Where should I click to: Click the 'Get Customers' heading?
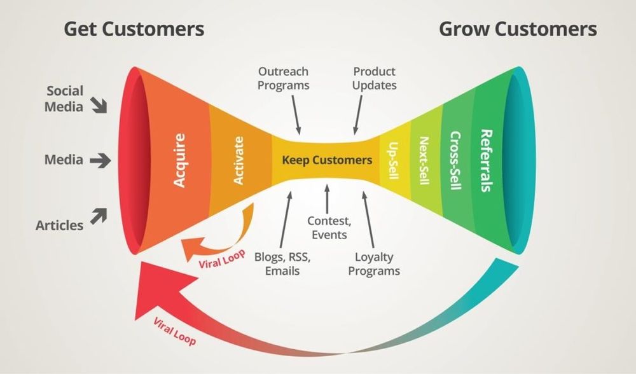coord(134,29)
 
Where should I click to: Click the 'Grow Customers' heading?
coord(518,29)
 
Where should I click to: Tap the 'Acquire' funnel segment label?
coord(180,160)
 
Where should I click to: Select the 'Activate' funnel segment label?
coord(238,163)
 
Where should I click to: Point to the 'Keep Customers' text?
coord(327,160)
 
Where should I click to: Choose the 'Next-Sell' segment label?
coord(424,160)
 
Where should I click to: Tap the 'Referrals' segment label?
coord(486,160)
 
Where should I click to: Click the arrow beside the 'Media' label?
coord(100,161)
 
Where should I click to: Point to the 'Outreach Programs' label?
coord(284,78)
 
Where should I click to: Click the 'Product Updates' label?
coord(375,78)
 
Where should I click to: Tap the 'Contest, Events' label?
coord(328,228)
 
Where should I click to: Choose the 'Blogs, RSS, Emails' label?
coord(282,264)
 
